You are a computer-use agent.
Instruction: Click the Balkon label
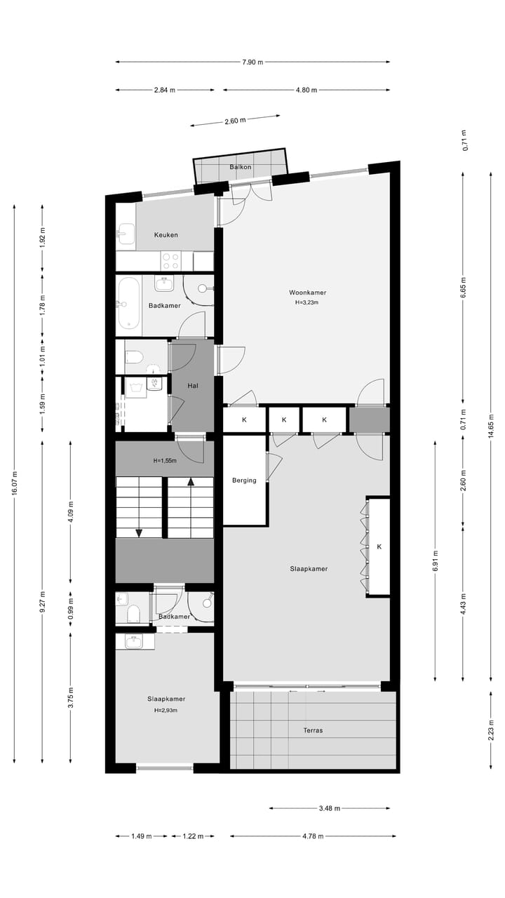tap(241, 167)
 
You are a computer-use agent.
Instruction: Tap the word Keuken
tap(166, 235)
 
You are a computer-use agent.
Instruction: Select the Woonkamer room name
tap(307, 293)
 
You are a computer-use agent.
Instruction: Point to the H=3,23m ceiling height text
tap(307, 303)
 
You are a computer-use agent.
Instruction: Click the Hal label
tap(193, 386)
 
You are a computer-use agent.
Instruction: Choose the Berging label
tap(244, 481)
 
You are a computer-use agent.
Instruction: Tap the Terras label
tap(313, 730)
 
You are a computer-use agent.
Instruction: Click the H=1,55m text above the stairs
tap(165, 461)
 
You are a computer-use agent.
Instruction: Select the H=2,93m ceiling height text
tap(166, 710)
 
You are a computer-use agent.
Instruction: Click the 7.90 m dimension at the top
tap(252, 62)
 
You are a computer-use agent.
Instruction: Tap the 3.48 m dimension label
tap(329, 808)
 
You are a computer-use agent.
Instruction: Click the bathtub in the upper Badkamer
tap(128, 303)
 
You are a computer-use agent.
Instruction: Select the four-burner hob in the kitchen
tap(170, 261)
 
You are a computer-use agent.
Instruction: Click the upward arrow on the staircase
tap(189, 482)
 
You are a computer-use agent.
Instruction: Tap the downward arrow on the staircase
tap(139, 532)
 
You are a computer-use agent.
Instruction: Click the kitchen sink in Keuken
tap(126, 234)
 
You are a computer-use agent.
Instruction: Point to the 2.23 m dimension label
tap(492, 731)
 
